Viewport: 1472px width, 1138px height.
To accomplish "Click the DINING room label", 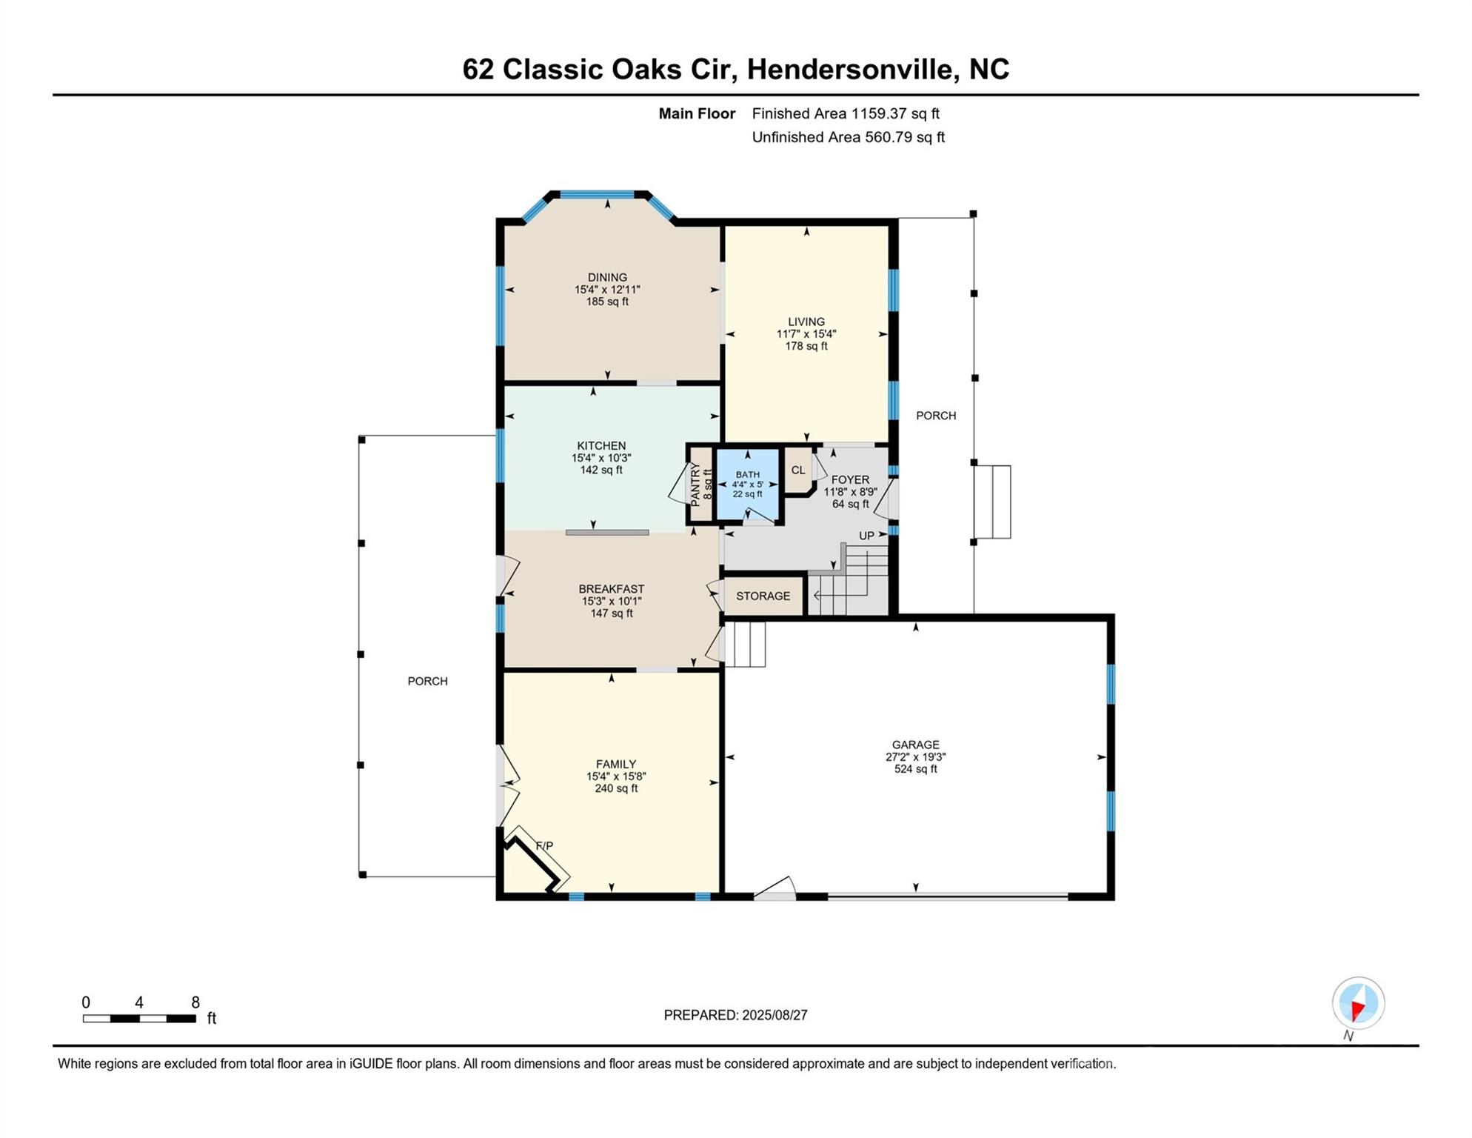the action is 607,278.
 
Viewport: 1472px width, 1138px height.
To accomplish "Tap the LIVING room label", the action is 806,322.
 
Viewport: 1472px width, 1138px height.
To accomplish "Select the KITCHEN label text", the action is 601,446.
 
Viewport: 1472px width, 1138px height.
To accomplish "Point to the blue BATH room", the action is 748,485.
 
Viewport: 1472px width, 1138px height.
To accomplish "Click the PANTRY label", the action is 695,485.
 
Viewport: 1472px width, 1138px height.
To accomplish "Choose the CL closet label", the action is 797,470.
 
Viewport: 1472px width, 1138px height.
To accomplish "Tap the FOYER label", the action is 850,480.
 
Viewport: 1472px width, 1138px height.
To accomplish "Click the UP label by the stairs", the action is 866,536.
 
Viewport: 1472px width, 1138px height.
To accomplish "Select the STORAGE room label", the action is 763,596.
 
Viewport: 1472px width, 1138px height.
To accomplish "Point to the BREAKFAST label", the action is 612,590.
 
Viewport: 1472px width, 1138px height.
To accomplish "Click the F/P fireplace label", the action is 544,846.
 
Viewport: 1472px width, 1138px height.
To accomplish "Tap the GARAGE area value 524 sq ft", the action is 916,769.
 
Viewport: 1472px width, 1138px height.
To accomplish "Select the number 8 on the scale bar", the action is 195,1002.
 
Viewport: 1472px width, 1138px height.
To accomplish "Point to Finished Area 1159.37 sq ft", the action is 846,113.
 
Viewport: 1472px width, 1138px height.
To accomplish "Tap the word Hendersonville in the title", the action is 851,70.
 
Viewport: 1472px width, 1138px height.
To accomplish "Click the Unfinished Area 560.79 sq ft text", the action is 849,137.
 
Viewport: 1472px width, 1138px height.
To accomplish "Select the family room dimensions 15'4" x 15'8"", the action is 616,776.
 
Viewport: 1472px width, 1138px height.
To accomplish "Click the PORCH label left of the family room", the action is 427,682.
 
